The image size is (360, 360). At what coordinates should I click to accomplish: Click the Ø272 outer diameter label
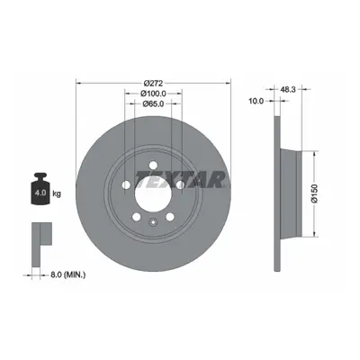point(153,83)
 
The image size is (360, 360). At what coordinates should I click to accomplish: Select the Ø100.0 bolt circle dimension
point(153,94)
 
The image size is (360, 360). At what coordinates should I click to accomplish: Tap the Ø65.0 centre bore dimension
point(153,103)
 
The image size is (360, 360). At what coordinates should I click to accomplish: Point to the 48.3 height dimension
point(288,89)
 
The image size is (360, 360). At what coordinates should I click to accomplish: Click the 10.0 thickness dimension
point(256,102)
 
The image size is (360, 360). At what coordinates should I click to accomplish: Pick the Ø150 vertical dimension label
point(314,193)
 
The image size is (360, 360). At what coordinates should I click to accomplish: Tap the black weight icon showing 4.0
point(40,189)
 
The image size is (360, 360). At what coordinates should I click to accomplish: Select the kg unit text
point(57,193)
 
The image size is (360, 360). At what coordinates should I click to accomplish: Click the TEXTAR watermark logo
point(180,179)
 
